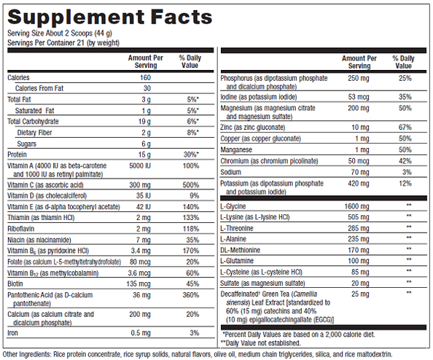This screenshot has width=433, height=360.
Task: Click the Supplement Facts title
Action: (109, 17)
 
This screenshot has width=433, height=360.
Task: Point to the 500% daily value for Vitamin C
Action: (190, 186)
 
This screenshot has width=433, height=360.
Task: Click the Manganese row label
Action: (241, 149)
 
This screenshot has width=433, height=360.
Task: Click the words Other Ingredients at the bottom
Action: (26, 354)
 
